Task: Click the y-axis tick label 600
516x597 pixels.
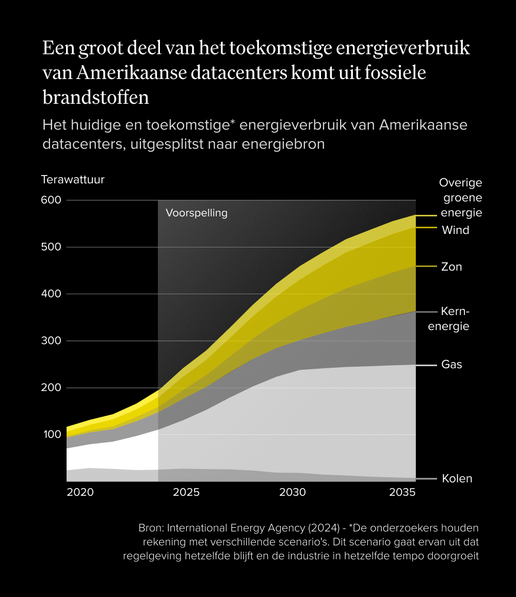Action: pos(51,200)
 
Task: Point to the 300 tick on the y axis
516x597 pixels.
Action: pos(51,341)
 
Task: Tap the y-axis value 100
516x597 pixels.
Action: pos(51,434)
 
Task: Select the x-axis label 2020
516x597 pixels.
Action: pos(80,492)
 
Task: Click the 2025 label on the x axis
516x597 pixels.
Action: pos(186,492)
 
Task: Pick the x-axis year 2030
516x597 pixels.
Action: pos(293,492)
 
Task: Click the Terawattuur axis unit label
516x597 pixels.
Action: pos(73,180)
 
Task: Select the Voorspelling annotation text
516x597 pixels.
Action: pos(197,213)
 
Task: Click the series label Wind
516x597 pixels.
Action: pos(456,230)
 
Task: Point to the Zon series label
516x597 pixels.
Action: pos(451,267)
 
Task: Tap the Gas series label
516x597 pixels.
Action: pos(451,365)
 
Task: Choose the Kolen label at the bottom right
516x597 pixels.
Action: pos(457,479)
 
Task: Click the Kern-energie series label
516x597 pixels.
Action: pos(455,319)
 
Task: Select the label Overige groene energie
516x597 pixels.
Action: pos(461,198)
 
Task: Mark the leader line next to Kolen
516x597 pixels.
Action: pos(426,479)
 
